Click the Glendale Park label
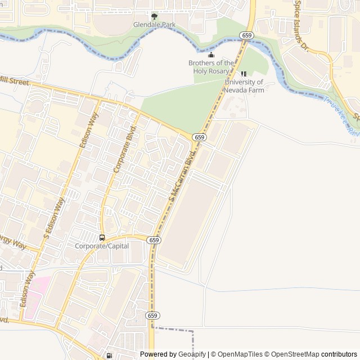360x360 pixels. pyautogui.click(x=154, y=25)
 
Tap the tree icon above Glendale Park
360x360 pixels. pyautogui.click(x=154, y=16)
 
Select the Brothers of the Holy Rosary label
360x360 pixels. pyautogui.click(x=211, y=67)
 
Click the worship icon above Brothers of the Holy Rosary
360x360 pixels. pyautogui.click(x=211, y=55)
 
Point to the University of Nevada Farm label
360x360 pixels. pyautogui.click(x=244, y=86)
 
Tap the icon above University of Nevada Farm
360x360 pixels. pyautogui.click(x=244, y=74)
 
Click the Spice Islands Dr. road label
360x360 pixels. pyautogui.click(x=301, y=24)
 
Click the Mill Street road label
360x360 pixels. pyautogui.click(x=15, y=81)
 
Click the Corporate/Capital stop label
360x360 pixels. pyautogui.click(x=102, y=246)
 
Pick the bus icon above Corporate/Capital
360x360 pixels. pyautogui.click(x=102, y=237)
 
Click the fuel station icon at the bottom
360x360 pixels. pyautogui.click(x=109, y=355)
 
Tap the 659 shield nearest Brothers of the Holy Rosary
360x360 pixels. pyautogui.click(x=246, y=35)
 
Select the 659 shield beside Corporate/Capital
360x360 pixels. pyautogui.click(x=155, y=240)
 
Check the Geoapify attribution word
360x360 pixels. pyautogui.click(x=192, y=354)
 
